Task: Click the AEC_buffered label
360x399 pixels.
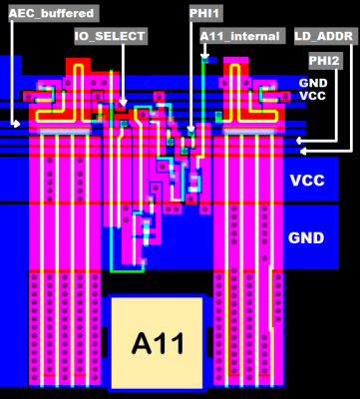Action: click(52, 14)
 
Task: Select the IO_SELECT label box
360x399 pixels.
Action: click(111, 36)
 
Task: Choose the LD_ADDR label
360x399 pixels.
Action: click(325, 36)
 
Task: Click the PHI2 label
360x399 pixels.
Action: click(324, 61)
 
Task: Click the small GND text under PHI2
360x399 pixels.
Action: click(313, 82)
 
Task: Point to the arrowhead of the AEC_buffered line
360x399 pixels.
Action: click(16, 124)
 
